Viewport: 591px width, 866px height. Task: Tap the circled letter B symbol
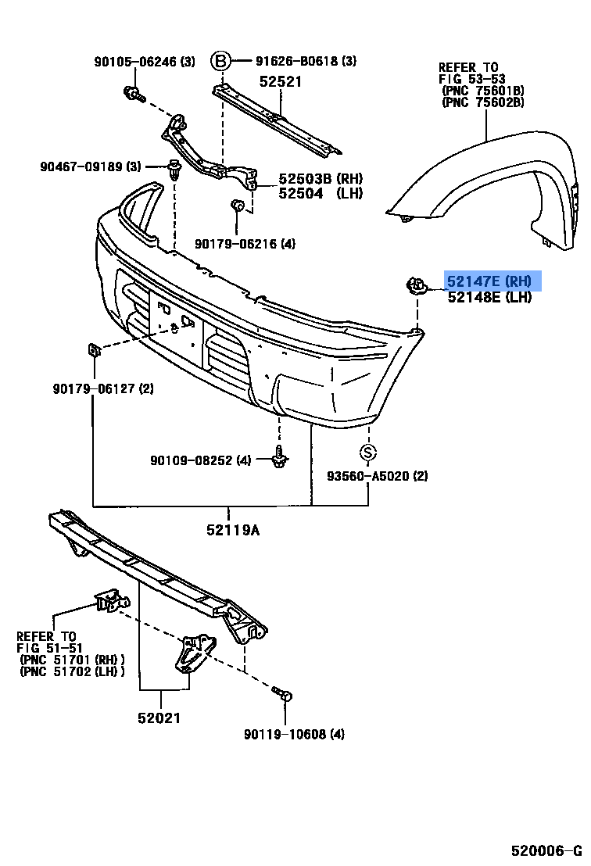[x=222, y=60]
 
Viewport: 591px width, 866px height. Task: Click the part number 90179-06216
[x=245, y=244]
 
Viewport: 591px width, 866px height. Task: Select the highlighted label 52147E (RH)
[x=489, y=281]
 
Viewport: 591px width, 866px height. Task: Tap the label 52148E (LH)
[x=489, y=297]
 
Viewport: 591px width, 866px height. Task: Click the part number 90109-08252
[x=200, y=460]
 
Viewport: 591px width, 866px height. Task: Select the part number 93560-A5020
[x=378, y=476]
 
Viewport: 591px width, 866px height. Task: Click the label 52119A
[x=232, y=531]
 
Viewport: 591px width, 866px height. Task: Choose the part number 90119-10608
[x=294, y=734]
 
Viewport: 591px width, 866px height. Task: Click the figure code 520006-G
[x=546, y=850]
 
